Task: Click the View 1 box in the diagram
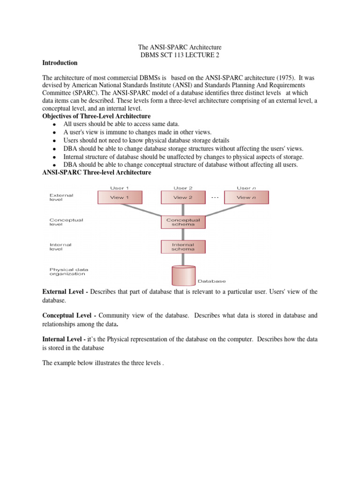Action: coord(119,197)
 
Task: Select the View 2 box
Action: coord(183,197)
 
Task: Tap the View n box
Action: coord(246,197)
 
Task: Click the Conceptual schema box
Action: coord(183,222)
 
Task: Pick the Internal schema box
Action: coord(183,247)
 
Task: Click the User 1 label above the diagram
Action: coord(119,188)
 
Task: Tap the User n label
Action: coord(246,188)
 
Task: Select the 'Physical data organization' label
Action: coord(68,271)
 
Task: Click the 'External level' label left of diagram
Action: coord(61,197)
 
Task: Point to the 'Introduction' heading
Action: coord(60,63)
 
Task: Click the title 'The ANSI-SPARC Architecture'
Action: coord(180,47)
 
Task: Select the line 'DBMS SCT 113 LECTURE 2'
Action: coord(180,55)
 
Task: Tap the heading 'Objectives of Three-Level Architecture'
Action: coord(97,116)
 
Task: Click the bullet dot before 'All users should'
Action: coord(55,125)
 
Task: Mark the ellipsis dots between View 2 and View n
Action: coord(215,197)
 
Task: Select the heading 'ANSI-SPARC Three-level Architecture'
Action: coord(97,172)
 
